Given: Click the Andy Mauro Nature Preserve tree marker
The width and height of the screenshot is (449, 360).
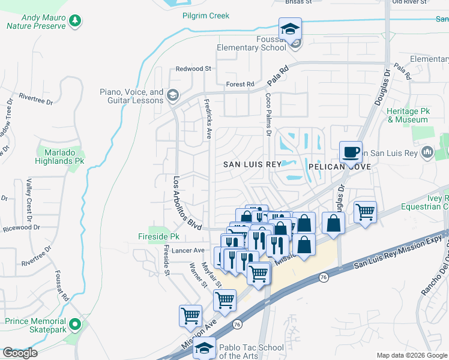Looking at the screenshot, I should coord(75,22).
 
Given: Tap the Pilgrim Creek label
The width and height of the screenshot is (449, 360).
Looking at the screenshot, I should coord(206,16).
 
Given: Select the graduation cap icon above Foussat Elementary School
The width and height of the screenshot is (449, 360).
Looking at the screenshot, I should coord(290,29).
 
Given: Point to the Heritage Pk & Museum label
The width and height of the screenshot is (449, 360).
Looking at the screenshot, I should coord(408,116).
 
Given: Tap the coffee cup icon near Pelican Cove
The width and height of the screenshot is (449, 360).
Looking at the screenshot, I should coord(351,152).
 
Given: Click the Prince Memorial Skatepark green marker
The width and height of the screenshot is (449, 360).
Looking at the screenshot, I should coord(75,325).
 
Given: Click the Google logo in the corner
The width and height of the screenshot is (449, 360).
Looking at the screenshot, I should coord(20,353).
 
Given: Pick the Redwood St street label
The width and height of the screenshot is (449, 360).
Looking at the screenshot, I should coord(193,69).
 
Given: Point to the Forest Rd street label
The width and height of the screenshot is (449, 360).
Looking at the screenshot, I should coord(240,84).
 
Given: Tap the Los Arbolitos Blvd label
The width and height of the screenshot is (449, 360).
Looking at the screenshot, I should coord(187,203).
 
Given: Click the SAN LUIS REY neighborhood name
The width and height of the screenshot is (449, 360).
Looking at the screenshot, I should coord(252,164).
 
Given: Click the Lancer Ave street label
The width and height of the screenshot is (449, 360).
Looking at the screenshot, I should coord(188,250).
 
